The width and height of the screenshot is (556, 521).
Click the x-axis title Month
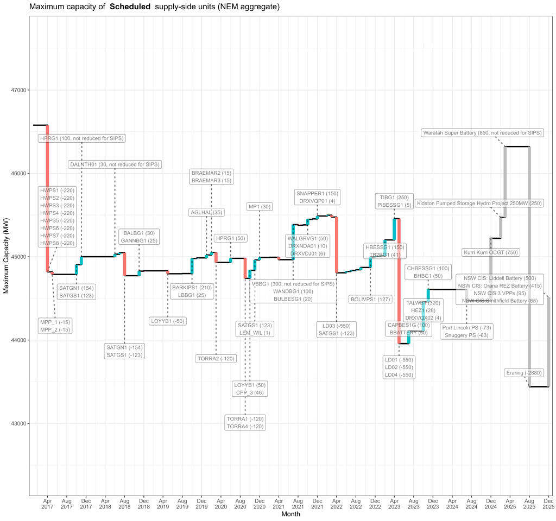290,514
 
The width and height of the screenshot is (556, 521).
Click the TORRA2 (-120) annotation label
216,358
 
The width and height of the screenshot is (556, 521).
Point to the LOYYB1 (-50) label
167,321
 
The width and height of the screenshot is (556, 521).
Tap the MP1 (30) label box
260,207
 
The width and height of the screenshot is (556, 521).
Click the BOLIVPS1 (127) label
371,299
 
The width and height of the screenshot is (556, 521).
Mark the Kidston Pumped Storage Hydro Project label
479,203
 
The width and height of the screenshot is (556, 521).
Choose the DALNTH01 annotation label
115,164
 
